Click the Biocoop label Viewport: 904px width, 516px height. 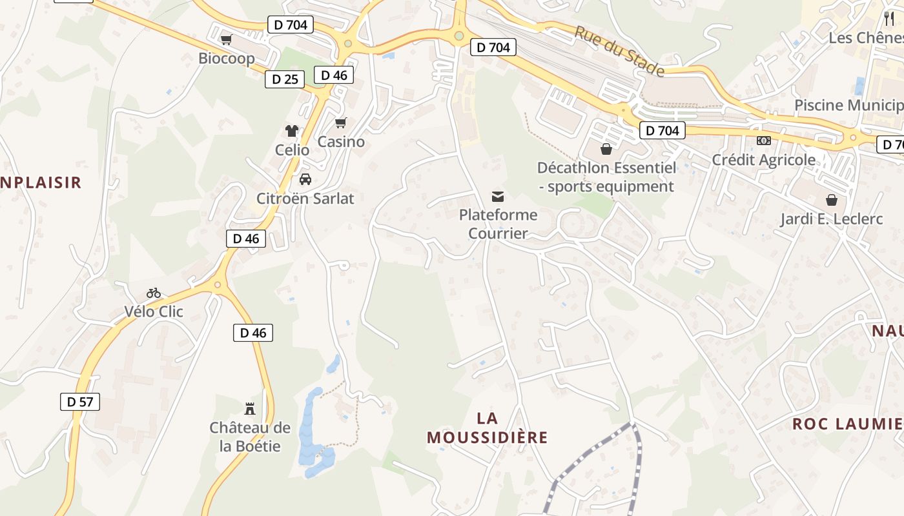tap(226, 58)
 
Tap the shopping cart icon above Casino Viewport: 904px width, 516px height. tap(341, 123)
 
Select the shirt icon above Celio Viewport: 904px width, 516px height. tap(292, 131)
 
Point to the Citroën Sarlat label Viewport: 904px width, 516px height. tap(305, 199)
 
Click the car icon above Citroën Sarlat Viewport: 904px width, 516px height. tap(305, 179)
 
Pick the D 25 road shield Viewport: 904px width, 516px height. tap(285, 79)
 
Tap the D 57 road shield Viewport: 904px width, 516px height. tap(80, 402)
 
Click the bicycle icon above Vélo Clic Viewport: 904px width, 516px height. tap(154, 293)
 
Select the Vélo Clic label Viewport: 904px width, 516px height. tap(154, 312)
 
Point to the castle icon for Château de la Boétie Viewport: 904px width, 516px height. tap(250, 408)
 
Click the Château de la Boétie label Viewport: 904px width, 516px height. tap(250, 437)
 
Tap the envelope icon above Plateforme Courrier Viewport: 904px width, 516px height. tap(498, 196)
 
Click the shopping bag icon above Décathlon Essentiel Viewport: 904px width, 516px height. tap(606, 150)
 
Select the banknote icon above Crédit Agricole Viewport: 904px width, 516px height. tap(764, 141)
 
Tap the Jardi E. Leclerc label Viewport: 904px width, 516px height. tap(831, 219)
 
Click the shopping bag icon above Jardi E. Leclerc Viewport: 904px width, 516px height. tap(831, 200)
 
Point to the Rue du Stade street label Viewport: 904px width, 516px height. tap(619, 51)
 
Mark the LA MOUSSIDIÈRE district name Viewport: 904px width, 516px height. tap(487, 428)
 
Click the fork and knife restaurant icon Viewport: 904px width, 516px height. tap(889, 18)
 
